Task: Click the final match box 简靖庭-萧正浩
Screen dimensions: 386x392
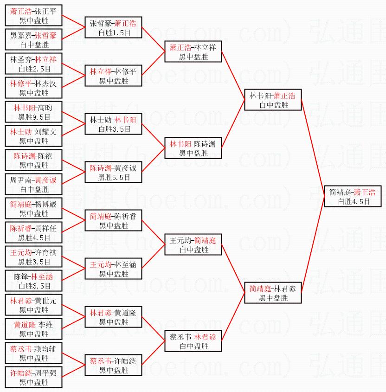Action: click(x=353, y=196)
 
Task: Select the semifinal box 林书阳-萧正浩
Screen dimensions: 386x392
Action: click(x=273, y=100)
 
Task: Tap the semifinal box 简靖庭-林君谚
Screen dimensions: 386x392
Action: click(x=273, y=293)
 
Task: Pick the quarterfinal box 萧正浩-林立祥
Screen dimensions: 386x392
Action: click(x=193, y=51)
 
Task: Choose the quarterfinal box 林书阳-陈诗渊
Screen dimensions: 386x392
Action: click(x=193, y=148)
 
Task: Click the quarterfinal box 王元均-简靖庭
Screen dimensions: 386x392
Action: click(x=193, y=244)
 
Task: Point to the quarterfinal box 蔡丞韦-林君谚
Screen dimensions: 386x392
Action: click(x=193, y=341)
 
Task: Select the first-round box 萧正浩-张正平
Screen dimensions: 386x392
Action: click(x=34, y=15)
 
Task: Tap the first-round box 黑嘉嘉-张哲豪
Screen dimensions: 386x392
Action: click(x=34, y=39)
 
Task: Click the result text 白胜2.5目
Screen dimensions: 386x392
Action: click(x=35, y=69)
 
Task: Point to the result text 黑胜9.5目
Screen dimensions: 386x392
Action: click(x=34, y=117)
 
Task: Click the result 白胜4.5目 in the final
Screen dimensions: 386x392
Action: click(x=354, y=201)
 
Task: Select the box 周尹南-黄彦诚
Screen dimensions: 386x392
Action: click(x=34, y=184)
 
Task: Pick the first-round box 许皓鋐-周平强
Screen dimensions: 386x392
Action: click(x=34, y=377)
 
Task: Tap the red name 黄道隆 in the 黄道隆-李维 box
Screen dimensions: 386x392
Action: click(x=25, y=325)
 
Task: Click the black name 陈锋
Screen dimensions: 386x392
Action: click(x=21, y=276)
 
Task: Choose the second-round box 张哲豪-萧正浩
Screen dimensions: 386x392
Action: click(x=114, y=27)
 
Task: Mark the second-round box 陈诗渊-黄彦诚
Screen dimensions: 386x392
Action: click(x=114, y=172)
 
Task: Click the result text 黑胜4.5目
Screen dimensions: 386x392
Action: click(x=34, y=238)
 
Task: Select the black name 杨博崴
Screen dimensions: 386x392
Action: click(x=45, y=204)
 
